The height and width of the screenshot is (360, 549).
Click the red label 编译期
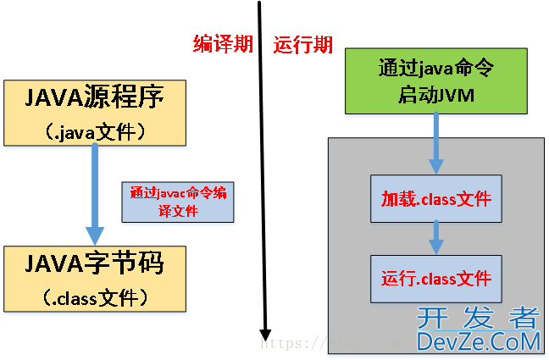223,45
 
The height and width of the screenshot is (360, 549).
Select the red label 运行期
302,45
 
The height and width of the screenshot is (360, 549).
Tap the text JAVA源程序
94,99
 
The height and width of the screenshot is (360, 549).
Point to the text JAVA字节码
94,264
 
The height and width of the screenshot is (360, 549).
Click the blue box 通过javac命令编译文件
178,202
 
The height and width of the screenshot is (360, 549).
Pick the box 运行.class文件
436,278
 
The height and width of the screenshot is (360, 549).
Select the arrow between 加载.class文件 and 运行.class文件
436,238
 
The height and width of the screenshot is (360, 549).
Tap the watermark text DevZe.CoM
479,341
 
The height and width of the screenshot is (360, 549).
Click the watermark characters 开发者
479,318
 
